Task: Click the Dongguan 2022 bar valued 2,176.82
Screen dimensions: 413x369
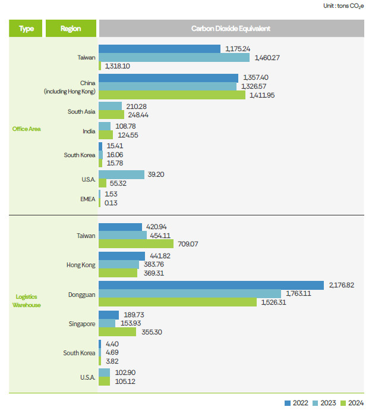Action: [210, 285]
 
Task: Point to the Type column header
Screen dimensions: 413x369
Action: [26, 29]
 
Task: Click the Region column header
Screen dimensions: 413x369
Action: [71, 29]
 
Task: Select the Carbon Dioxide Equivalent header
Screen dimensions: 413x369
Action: [231, 29]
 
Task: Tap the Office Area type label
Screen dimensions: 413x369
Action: [26, 128]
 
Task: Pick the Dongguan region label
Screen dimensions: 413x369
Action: [81, 294]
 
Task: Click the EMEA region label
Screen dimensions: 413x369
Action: [87, 198]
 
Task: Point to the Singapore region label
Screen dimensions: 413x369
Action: [81, 324]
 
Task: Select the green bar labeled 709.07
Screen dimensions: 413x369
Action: [136, 243]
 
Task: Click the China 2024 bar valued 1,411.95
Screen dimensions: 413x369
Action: [169, 95]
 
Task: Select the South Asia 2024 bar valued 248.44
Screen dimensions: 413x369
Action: [111, 114]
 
